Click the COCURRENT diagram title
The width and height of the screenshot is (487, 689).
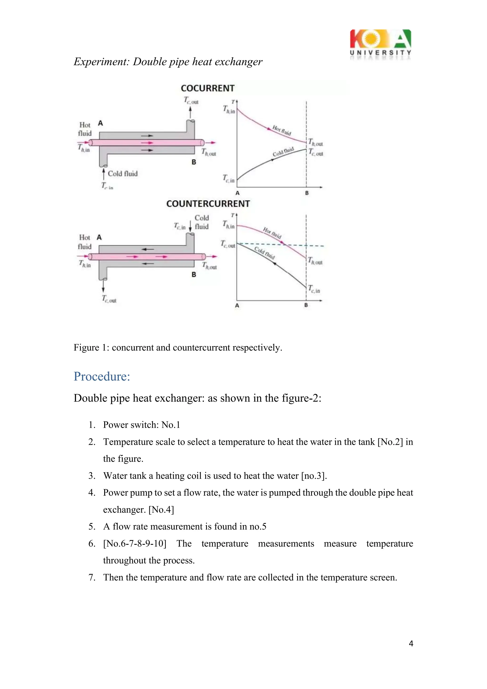tap(208, 88)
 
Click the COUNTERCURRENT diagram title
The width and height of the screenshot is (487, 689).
tap(208, 204)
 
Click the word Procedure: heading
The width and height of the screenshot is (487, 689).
tap(102, 376)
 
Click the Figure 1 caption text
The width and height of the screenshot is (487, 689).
tap(178, 347)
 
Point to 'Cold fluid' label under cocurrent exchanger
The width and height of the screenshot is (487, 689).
tap(123, 173)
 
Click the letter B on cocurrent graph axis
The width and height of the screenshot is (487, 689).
tap(307, 193)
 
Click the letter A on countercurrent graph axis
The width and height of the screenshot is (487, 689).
tap(237, 306)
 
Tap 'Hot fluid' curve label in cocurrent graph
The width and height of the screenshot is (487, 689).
tap(282, 130)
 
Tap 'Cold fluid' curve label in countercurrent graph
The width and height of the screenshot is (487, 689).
tap(264, 253)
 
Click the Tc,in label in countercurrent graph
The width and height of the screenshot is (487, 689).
tap(314, 289)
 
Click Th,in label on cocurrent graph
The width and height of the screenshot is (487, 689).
tap(229, 109)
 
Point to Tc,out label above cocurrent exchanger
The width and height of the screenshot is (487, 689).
tap(191, 100)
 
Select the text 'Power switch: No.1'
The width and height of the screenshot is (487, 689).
tap(141, 425)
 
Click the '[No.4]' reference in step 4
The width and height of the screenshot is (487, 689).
tap(161, 510)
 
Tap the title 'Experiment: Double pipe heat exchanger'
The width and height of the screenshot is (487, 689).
tap(168, 62)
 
